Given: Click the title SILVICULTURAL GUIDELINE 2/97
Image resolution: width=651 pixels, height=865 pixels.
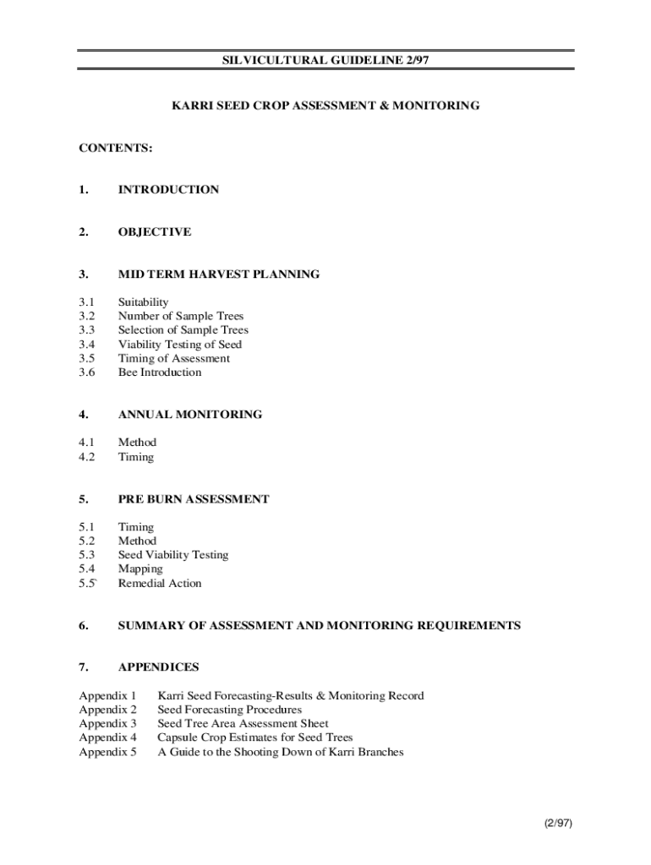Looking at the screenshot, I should [x=325, y=60].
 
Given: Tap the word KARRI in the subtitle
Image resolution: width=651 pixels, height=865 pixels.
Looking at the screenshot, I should [x=190, y=106].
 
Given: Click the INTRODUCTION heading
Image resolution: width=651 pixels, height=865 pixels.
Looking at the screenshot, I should [x=168, y=190].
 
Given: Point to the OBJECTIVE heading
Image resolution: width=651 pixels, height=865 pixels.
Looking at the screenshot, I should [x=155, y=232].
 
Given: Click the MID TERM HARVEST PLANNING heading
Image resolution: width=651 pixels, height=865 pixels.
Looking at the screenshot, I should [x=219, y=275].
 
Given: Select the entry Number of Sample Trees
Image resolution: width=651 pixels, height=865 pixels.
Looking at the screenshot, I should [x=181, y=317].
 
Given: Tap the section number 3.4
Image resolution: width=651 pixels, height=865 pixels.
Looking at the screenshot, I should [x=88, y=345].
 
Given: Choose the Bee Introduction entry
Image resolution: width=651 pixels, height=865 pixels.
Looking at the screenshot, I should [x=160, y=373].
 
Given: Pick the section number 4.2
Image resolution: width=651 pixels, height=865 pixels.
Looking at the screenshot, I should [x=88, y=457].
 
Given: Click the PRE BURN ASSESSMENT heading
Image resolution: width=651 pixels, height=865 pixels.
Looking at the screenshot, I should [x=194, y=499].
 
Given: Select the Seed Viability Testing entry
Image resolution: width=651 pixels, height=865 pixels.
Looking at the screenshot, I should [x=173, y=555].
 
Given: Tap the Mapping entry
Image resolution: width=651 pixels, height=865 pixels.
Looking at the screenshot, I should [x=140, y=569].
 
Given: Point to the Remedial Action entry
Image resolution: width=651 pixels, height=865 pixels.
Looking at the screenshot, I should [x=160, y=584].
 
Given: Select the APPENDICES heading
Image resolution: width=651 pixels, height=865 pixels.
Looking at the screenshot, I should [x=159, y=668].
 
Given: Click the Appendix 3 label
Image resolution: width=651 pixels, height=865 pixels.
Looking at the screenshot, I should [x=107, y=724].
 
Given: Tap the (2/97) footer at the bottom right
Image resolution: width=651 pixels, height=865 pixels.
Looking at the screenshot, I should [x=558, y=823].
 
